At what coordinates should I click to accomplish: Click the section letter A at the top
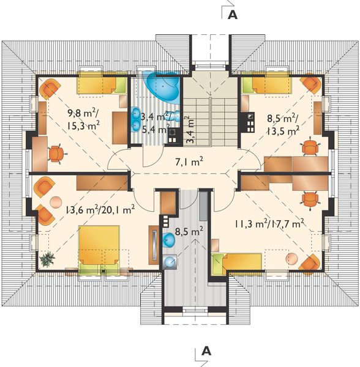(x=232, y=16)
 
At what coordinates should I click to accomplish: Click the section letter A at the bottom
(x=206, y=351)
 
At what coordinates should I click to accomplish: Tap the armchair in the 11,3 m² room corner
(x=310, y=261)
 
